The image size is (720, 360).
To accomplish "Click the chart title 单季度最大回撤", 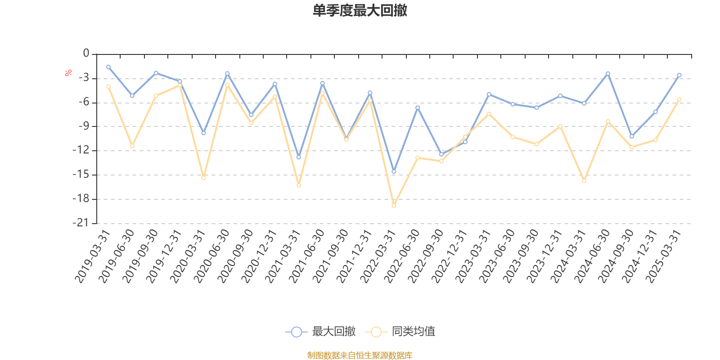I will click(360, 11).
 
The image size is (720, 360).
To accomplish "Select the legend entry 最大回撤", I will click(320, 332).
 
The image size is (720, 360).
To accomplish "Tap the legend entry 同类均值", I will click(400, 332).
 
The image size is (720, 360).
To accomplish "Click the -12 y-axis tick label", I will click(83, 150).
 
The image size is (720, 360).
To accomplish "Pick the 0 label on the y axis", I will click(86, 54).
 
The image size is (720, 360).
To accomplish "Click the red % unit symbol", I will click(68, 73).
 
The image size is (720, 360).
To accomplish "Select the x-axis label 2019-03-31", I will click(93, 256).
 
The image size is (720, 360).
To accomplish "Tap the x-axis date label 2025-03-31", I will click(664, 256).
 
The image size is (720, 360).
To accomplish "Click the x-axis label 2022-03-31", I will click(378, 256).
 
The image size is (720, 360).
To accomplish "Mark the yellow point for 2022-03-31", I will click(394, 206).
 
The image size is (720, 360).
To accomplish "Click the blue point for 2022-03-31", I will click(394, 171).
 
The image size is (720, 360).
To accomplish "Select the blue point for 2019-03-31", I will click(108, 67).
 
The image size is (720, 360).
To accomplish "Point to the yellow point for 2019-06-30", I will click(132, 146).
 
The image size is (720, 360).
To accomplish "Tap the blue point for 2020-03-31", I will click(203, 133).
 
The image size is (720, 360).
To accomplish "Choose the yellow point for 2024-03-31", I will click(584, 181).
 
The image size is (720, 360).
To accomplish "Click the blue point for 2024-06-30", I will click(608, 73).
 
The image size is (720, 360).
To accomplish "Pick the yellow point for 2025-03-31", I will click(679, 99).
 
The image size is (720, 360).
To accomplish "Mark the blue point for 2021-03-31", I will click(299, 157).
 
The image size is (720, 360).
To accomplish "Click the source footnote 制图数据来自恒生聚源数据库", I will click(360, 355).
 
